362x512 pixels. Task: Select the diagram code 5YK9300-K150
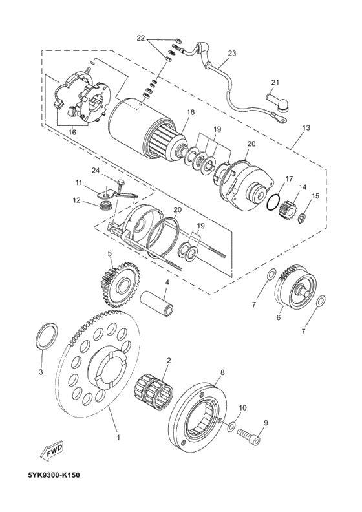(54, 484)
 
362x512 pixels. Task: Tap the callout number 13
(306, 127)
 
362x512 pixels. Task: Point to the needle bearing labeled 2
(153, 390)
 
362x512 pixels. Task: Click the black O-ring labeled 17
(273, 202)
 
